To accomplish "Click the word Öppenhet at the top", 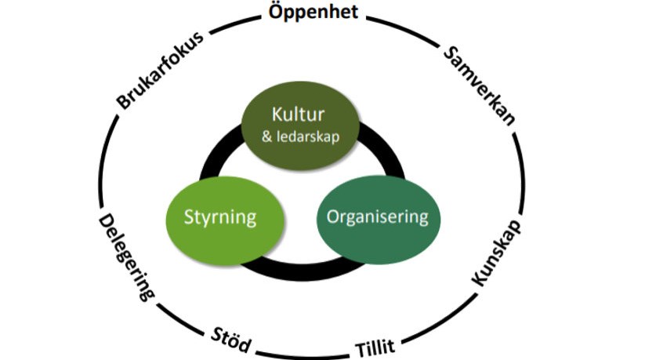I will tap(313, 13).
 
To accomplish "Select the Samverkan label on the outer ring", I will tap(479, 85).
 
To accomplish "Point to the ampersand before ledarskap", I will tap(268, 137).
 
